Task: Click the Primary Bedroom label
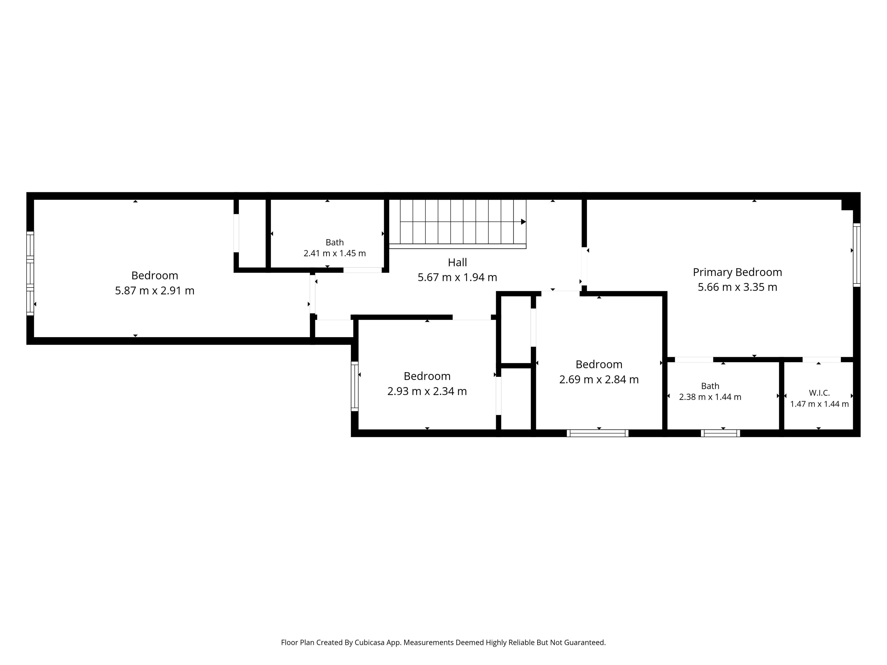click(737, 272)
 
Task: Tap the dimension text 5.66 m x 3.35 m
click(737, 287)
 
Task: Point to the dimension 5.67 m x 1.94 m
click(458, 277)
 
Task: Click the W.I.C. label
click(819, 393)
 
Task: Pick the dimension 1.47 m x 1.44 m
click(819, 404)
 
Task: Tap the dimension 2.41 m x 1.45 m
click(335, 253)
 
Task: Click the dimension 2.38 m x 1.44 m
click(710, 397)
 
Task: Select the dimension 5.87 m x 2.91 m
click(155, 291)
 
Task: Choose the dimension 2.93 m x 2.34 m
click(427, 391)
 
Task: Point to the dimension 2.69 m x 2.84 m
click(599, 380)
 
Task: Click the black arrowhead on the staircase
click(523, 222)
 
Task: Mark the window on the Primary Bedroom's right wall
click(857, 255)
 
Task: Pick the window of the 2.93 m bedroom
click(355, 386)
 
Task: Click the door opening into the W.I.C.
click(822, 360)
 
